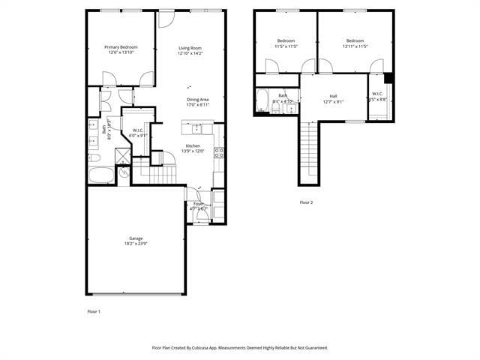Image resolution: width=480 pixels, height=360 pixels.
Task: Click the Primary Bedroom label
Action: [121, 47]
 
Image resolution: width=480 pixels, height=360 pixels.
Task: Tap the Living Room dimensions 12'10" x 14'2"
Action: [190, 53]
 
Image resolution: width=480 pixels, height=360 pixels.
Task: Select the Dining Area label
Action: [197, 100]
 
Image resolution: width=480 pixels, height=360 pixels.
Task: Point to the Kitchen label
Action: [193, 145]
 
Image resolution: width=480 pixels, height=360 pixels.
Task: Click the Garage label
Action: [136, 238]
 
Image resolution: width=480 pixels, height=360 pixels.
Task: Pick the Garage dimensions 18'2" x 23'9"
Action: [136, 244]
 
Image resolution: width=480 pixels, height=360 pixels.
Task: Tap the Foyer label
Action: [199, 203]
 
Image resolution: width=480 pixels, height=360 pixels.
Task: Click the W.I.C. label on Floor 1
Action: [138, 130]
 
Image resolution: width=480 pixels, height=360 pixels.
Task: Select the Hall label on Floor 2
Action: [333, 96]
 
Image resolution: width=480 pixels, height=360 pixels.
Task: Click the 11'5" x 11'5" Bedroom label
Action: [286, 40]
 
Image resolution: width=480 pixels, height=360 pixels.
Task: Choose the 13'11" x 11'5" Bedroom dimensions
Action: [355, 46]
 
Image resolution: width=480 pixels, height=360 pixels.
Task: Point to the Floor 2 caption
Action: [306, 202]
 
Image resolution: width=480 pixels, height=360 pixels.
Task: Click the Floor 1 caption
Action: [94, 311]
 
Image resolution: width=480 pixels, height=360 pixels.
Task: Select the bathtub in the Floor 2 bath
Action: [262, 100]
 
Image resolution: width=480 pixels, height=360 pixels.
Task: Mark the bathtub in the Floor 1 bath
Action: [101, 176]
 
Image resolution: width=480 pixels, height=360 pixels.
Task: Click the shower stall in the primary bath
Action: [122, 156]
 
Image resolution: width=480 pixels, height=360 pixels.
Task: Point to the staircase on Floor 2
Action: [309, 150]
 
